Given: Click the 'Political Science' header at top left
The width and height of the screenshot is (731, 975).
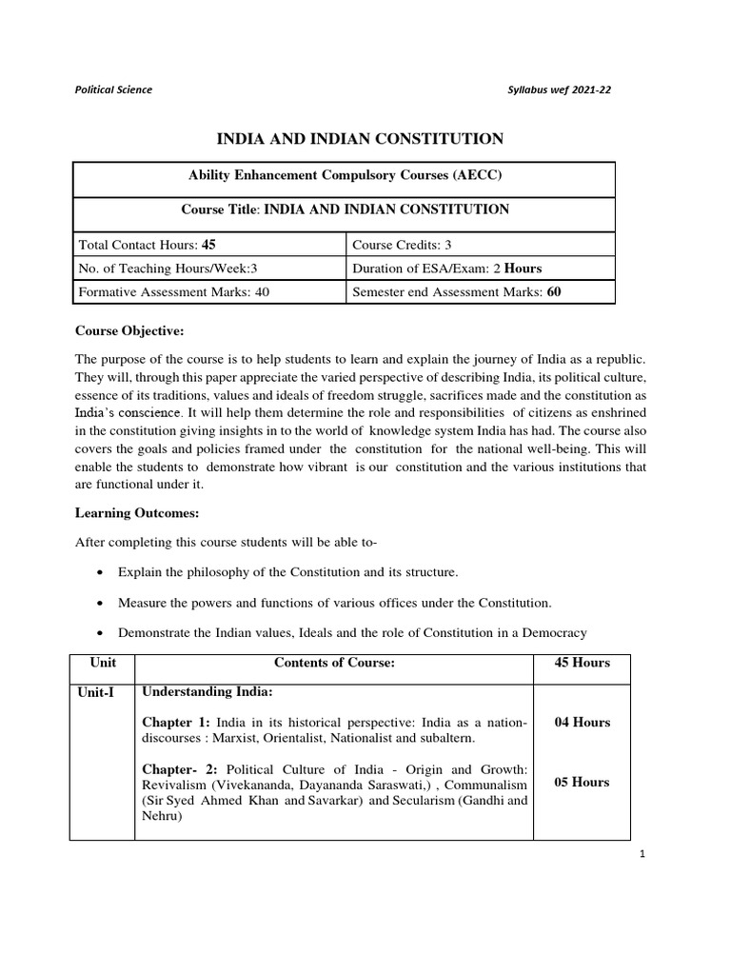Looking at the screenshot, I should point(113,90).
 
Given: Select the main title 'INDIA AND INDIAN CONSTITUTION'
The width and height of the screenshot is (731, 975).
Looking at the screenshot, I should point(361,140).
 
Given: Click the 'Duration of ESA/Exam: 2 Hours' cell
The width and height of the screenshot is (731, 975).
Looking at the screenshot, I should point(446,268).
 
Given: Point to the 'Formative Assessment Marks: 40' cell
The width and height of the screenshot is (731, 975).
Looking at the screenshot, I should point(175,292).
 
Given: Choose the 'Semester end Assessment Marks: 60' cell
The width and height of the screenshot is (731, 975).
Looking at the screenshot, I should point(456,292).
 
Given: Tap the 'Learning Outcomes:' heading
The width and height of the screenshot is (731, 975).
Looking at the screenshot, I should point(136,513).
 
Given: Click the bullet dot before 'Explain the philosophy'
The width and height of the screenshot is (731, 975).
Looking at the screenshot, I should point(101,573).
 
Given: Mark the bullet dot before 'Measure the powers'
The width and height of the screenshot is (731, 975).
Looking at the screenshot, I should point(101,604).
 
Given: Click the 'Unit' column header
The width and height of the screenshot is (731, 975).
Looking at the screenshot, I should point(102,663).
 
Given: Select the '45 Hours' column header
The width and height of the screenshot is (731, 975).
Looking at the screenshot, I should point(583,663).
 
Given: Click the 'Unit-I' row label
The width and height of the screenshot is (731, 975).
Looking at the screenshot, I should point(97,692).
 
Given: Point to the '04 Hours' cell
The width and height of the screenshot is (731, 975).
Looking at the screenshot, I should point(583,723).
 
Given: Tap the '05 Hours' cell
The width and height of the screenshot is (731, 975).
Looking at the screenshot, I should point(583,783).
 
